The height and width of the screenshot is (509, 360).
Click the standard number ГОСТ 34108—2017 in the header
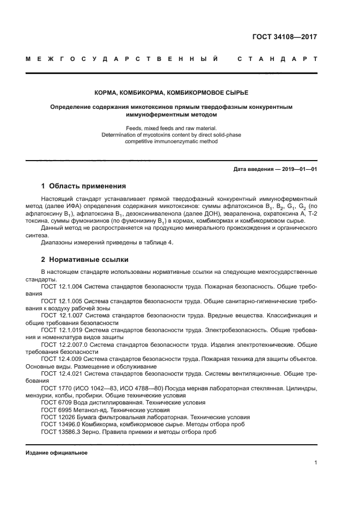pyautogui.click(x=284, y=38)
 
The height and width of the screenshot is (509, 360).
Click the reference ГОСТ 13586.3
pyautogui.click(x=61, y=432)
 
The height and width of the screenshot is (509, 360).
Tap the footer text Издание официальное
pyautogui.click(x=57, y=453)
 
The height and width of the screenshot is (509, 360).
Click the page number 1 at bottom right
pyautogui.click(x=315, y=463)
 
